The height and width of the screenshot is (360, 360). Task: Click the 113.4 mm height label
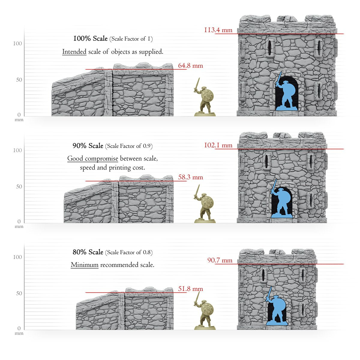click(x=218, y=30)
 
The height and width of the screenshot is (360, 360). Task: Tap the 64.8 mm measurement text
click(x=190, y=66)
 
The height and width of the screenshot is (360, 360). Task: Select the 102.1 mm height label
click(x=218, y=145)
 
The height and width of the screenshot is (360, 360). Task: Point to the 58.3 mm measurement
click(x=190, y=177)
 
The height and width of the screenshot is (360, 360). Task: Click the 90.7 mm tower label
click(x=220, y=260)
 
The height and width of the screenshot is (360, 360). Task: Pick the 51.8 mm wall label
click(x=190, y=289)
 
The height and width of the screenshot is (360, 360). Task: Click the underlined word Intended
click(x=74, y=52)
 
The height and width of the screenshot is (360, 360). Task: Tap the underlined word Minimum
click(x=85, y=265)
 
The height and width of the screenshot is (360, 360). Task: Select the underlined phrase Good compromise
click(x=93, y=159)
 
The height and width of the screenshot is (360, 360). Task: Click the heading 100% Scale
click(x=90, y=38)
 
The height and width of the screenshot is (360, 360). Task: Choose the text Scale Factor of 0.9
click(x=129, y=146)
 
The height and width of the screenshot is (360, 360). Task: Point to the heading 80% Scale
click(x=88, y=252)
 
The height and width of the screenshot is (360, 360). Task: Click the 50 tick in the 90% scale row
click(x=19, y=186)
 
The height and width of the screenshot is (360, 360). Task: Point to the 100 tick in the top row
click(x=18, y=43)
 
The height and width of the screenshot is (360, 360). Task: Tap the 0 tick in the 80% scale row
click(x=19, y=328)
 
